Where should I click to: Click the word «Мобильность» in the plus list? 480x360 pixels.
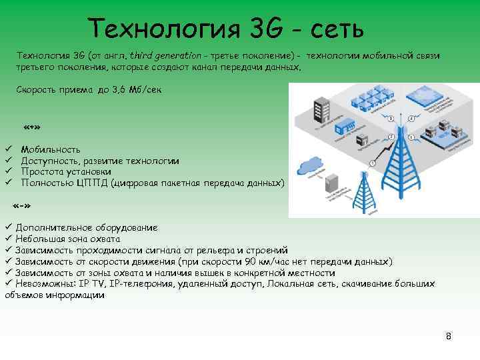pos(51,150)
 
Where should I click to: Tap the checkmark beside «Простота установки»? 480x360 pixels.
pos(8,171)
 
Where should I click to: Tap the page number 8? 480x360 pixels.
pos(449,336)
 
